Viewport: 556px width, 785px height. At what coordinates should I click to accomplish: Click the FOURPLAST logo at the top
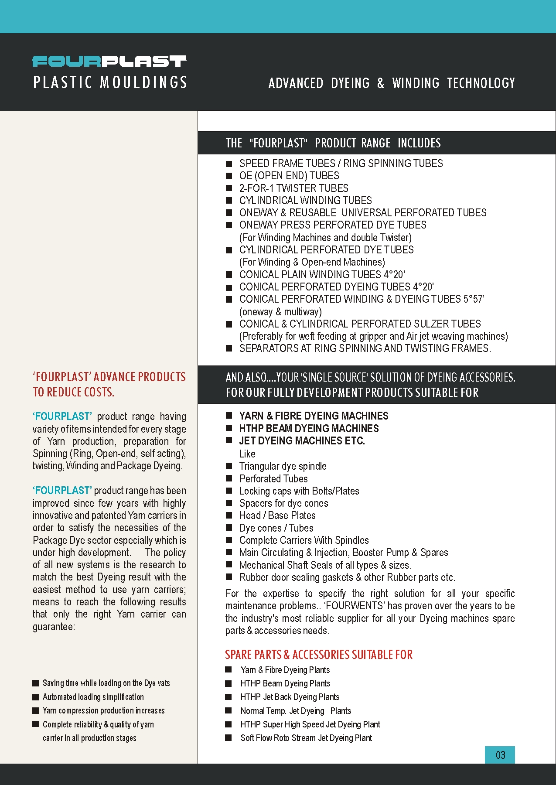pos(109,61)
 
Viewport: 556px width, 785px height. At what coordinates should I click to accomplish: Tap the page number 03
pos(500,755)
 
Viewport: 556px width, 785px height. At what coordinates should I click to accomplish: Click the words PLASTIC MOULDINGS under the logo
pos(110,82)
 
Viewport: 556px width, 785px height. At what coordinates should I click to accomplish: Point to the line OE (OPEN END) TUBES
pos(289,176)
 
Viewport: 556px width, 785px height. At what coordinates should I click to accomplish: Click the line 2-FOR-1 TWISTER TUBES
pos(293,188)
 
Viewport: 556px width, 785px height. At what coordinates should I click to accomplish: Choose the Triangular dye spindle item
pos(283,466)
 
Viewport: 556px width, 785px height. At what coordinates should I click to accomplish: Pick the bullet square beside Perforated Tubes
pos(229,478)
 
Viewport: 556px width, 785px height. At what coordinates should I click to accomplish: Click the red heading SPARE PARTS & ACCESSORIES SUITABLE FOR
pos(319,655)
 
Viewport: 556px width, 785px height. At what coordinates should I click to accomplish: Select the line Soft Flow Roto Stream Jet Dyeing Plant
pos(306,738)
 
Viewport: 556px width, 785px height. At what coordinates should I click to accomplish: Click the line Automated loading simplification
pos(93,697)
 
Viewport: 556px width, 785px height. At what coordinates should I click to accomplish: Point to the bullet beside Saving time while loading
pos(36,683)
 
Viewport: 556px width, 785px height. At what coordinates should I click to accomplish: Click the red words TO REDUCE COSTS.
pos(73,392)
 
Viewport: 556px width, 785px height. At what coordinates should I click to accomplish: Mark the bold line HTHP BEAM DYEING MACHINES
pos(309,429)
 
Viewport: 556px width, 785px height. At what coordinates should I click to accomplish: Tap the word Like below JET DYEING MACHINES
pos(247,454)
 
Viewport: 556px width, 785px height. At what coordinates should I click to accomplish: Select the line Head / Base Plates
pos(277,515)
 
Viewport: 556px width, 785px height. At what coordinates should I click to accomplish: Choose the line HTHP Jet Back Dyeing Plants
pos(290,697)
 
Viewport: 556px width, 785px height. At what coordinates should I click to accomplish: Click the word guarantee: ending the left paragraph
pos(54,627)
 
